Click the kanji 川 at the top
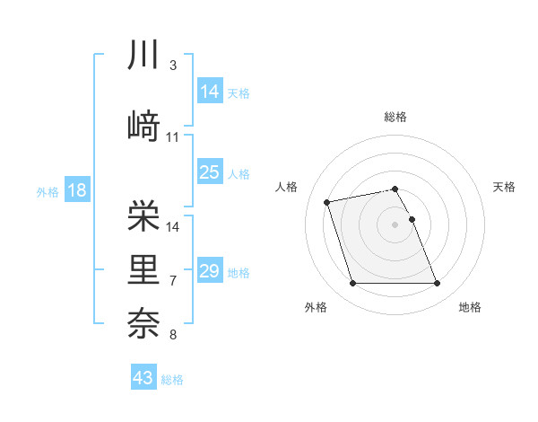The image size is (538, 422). click(x=143, y=56)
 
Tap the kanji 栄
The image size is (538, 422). click(x=143, y=215)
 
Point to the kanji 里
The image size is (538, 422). click(x=143, y=269)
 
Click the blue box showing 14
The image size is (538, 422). click(x=210, y=91)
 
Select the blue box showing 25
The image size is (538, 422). click(x=210, y=172)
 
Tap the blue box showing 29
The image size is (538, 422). click(x=210, y=271)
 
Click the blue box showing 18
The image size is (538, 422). click(x=76, y=190)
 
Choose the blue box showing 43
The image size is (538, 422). click(x=143, y=378)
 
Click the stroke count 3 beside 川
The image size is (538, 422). click(x=172, y=66)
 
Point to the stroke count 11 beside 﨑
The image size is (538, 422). click(x=173, y=137)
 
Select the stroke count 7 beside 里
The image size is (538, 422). click(x=172, y=281)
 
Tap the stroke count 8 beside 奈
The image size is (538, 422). click(x=172, y=335)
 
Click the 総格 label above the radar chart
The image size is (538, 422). click(x=395, y=117)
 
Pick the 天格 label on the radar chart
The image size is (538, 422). click(x=505, y=187)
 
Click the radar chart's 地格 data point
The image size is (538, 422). click(x=437, y=284)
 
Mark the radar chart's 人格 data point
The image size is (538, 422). click(x=327, y=201)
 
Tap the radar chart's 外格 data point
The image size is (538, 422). click(x=352, y=284)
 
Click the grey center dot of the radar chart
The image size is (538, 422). click(x=395, y=224)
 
